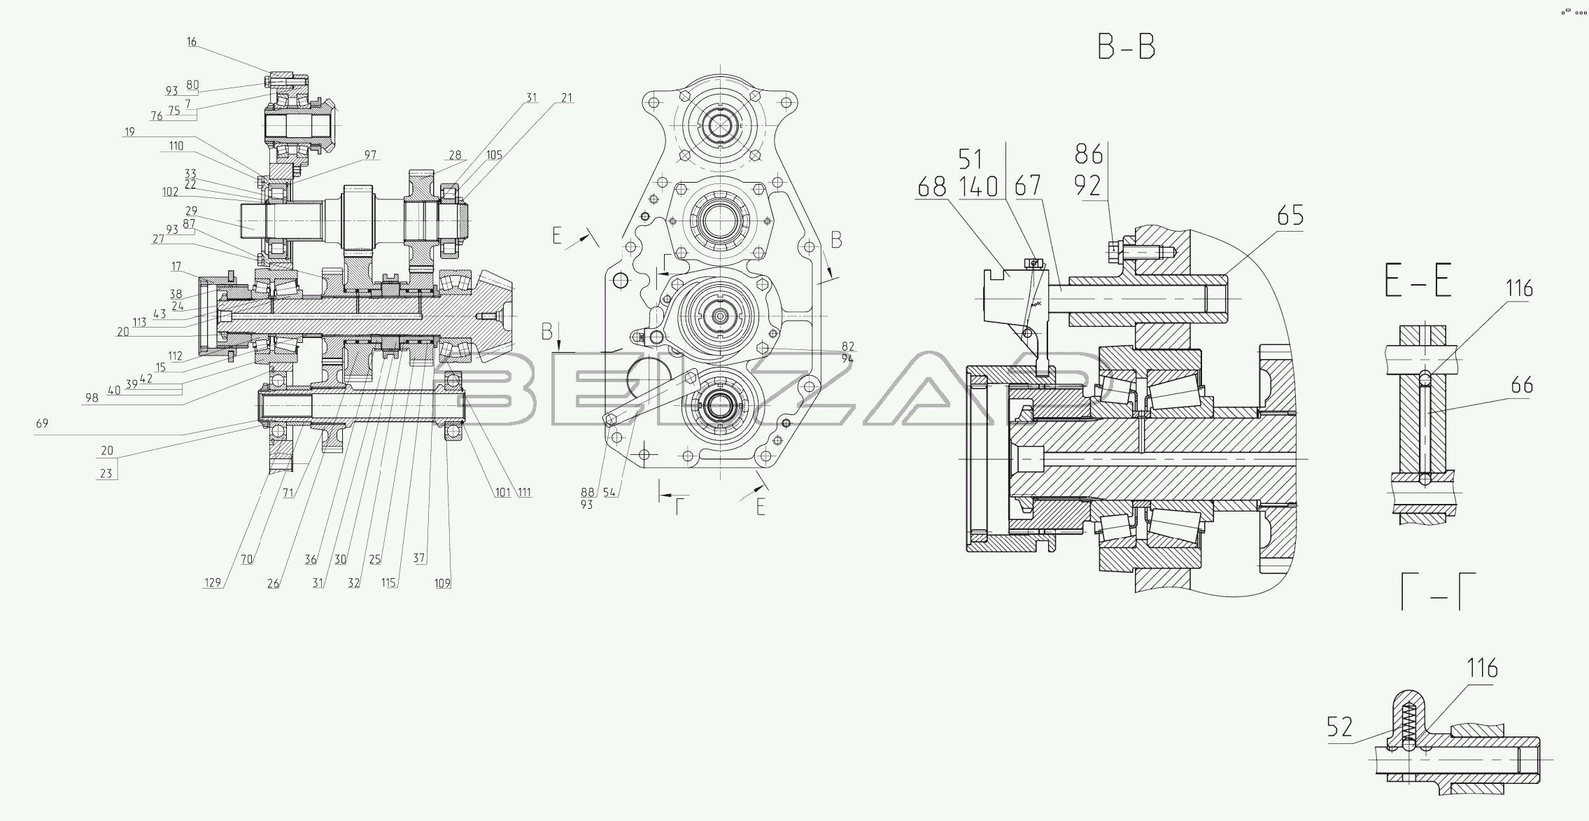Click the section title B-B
pyautogui.click(x=1126, y=47)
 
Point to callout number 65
pyautogui.click(x=1290, y=216)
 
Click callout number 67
pyautogui.click(x=1028, y=186)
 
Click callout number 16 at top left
pyautogui.click(x=192, y=42)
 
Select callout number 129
pyautogui.click(x=213, y=582)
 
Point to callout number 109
pyautogui.click(x=442, y=582)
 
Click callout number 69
pyautogui.click(x=42, y=423)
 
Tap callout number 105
pyautogui.click(x=494, y=155)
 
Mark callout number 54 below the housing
pyautogui.click(x=609, y=493)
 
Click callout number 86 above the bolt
pyautogui.click(x=1089, y=154)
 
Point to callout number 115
pyautogui.click(x=388, y=582)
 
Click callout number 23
pyautogui.click(x=106, y=473)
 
